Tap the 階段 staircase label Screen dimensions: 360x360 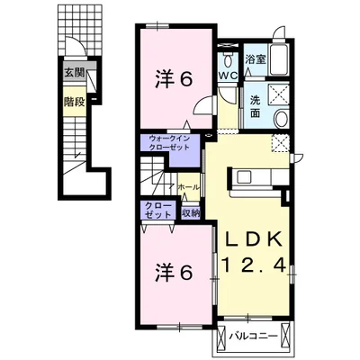(75, 103)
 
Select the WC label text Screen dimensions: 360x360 (228, 76)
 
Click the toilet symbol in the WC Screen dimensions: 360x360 (229, 60)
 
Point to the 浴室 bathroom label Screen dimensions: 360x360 (256, 59)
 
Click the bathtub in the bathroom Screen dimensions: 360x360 (279, 59)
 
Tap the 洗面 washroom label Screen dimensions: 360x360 (255, 107)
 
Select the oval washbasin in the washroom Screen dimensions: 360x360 (282, 119)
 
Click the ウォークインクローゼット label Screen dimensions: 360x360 (169, 143)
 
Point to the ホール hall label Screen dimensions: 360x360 (188, 188)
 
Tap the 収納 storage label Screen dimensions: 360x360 (190, 212)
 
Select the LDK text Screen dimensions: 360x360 (254, 239)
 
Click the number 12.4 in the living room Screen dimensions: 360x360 (254, 265)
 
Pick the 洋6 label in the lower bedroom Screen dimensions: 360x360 (174, 273)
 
